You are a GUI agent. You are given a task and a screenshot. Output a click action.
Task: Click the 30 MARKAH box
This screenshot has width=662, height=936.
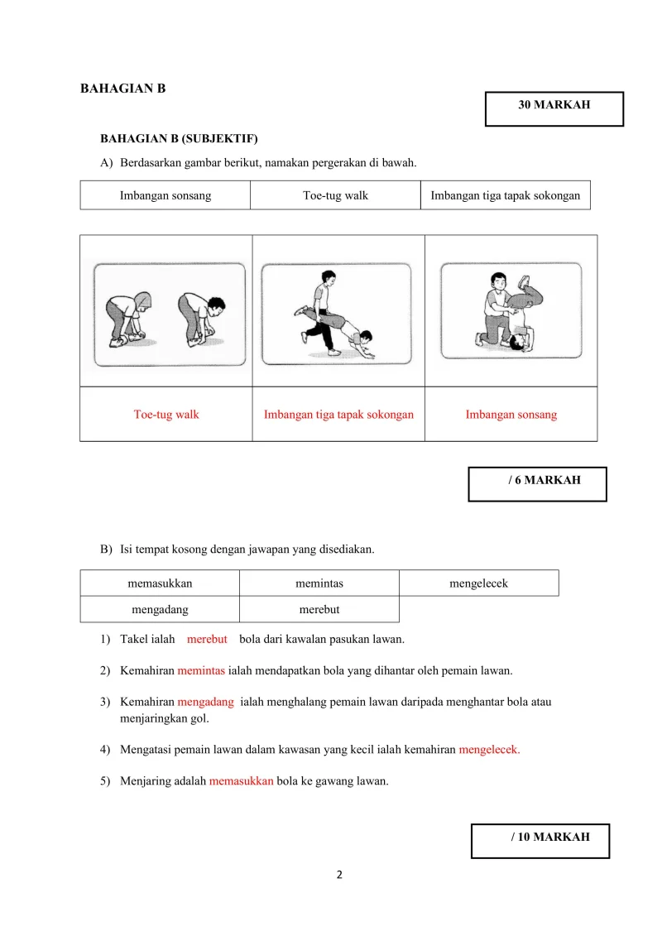point(554,108)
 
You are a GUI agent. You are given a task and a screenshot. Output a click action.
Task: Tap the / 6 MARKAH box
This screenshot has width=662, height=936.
point(537,483)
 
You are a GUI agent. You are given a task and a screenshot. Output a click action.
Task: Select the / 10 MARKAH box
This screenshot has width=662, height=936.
point(540,840)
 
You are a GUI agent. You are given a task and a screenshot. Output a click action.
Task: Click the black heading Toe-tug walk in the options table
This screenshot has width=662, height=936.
point(335,195)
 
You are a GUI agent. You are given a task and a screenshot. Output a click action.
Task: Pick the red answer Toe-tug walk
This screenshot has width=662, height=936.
point(166,415)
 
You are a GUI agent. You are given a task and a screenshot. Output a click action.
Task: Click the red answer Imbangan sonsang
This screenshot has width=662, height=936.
point(511,415)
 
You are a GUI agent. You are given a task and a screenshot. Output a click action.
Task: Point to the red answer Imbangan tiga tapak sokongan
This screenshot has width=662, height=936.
point(338,415)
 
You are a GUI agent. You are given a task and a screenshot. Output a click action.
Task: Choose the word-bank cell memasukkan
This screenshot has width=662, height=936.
point(160,583)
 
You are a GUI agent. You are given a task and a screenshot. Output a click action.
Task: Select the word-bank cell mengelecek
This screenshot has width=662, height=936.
point(478,583)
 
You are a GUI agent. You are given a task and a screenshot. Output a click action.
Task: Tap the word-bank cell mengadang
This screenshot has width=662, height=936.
point(160,610)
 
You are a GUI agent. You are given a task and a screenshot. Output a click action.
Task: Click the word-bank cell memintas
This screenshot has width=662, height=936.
point(319,583)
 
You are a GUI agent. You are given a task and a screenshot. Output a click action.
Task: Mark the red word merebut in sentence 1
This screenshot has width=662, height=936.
point(207,639)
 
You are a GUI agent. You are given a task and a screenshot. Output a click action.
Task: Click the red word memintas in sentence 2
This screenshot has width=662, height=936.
point(201,670)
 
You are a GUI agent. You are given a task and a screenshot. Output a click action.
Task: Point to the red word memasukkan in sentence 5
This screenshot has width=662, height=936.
point(241,780)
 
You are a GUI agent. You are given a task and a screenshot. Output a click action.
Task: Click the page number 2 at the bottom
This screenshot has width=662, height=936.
point(339,875)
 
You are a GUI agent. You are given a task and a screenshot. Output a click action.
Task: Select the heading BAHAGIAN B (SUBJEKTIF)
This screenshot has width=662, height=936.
point(179,138)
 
